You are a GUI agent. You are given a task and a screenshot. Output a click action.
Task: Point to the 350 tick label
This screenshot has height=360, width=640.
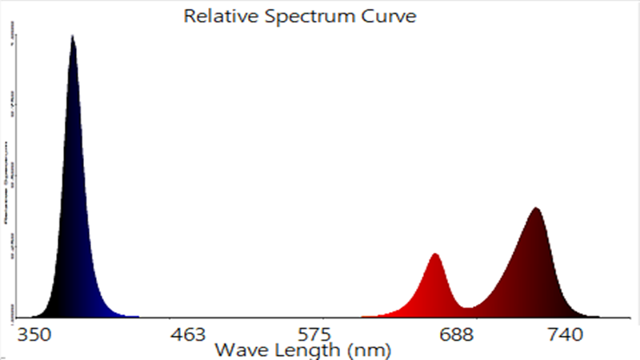(36, 334)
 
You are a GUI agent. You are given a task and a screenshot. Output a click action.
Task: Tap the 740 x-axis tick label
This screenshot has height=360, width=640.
(565, 334)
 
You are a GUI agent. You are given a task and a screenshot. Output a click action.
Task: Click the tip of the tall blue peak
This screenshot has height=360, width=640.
(73, 36)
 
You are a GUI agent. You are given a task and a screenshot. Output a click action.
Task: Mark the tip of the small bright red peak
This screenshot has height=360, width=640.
(435, 254)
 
